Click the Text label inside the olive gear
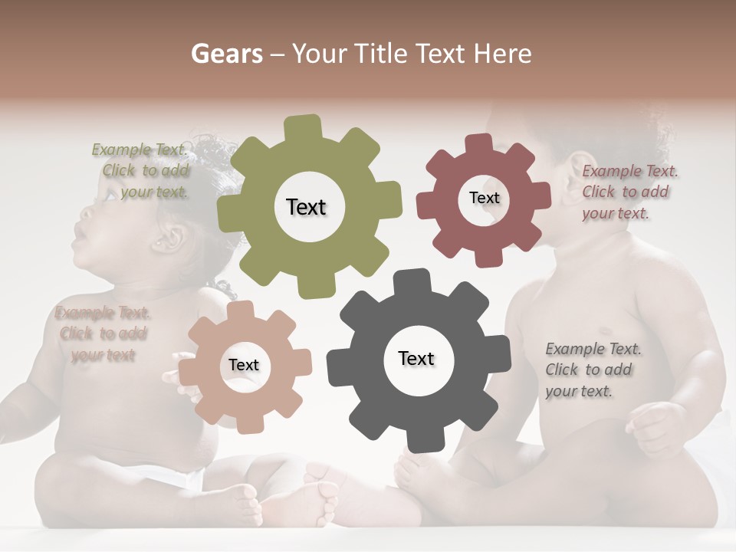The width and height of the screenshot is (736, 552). (x=306, y=207)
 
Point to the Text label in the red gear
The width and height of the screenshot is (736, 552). (x=484, y=198)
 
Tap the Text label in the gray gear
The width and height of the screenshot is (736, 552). (x=416, y=358)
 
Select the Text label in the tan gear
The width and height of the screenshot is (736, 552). (x=244, y=365)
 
